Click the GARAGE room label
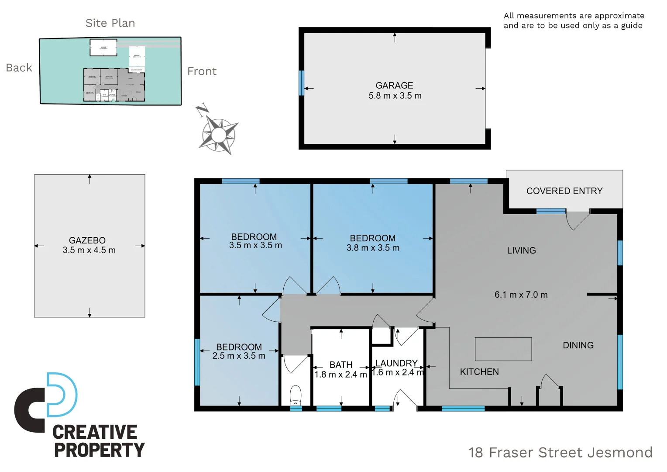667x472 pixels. tap(394, 86)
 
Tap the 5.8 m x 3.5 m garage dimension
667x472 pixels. tap(395, 96)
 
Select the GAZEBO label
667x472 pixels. tap(87, 240)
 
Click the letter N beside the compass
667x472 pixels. tap(202, 110)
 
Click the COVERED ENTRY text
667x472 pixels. tap(564, 191)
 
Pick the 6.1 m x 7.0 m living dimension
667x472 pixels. tap(521, 295)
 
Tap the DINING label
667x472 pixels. tap(578, 345)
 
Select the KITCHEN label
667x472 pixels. tap(479, 372)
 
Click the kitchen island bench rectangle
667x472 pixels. tap(503, 349)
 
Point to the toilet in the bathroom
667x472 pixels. tap(296, 395)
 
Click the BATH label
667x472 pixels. tap(341, 364)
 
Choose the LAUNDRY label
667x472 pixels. tap(396, 363)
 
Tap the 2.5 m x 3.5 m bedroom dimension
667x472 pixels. tap(239, 356)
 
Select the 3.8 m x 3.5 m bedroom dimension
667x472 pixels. tap(373, 248)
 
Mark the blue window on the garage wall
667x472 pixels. tap(301, 83)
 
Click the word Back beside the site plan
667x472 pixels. tap(19, 68)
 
